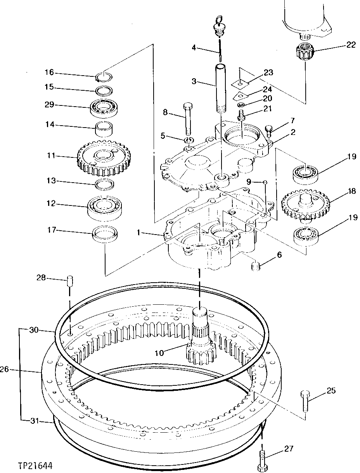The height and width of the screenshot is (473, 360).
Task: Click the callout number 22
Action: point(351,45)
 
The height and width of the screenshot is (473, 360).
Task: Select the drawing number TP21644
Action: point(35,465)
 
